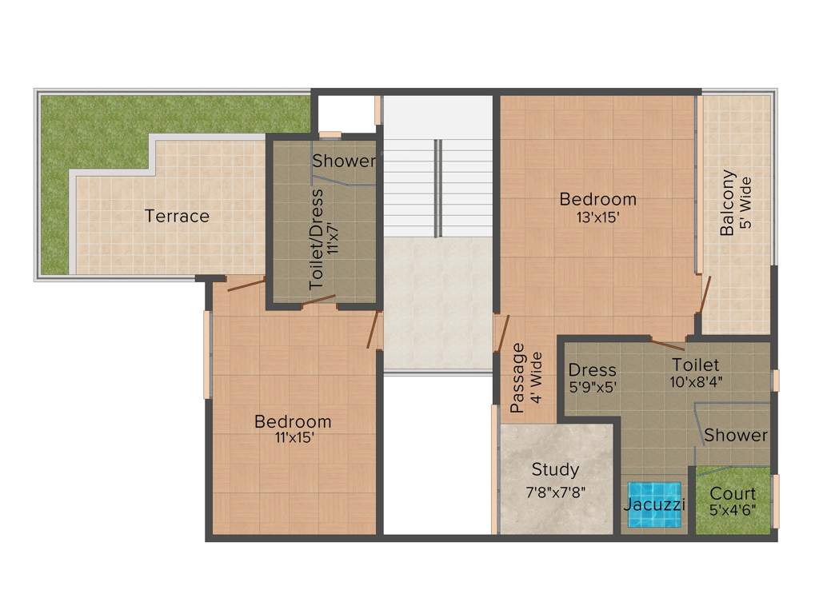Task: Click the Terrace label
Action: click(177, 216)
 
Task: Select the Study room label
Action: click(555, 469)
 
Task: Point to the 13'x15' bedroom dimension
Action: click(598, 216)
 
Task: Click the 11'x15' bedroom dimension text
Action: click(292, 437)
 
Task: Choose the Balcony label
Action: click(728, 203)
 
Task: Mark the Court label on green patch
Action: click(733, 493)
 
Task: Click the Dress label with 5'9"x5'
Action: click(592, 370)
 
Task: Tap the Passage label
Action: click(518, 377)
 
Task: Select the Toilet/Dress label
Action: click(318, 238)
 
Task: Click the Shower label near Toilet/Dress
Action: click(344, 161)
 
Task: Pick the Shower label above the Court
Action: click(736, 436)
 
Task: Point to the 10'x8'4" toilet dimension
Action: click(696, 381)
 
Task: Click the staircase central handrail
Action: click(437, 188)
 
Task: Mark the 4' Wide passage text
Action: click(536, 377)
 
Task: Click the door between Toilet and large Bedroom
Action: click(667, 345)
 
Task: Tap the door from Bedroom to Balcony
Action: click(705, 293)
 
